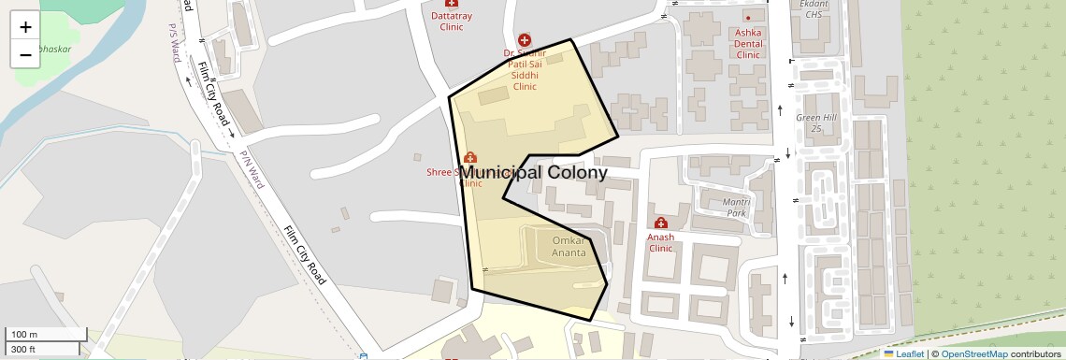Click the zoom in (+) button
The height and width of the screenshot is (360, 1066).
point(25,27)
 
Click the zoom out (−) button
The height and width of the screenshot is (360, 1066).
point(25,55)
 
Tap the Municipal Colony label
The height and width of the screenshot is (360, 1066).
point(533,173)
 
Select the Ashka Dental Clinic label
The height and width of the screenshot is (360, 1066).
point(748,43)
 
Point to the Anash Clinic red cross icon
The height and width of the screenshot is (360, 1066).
point(661,223)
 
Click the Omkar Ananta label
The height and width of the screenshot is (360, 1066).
point(569,247)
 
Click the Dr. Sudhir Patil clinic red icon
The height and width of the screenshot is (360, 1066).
point(525,40)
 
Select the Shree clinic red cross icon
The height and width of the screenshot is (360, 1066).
point(469,157)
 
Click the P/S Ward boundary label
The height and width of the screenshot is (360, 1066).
point(175,41)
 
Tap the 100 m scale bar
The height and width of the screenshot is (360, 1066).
point(47,335)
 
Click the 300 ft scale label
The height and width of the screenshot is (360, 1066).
point(24,350)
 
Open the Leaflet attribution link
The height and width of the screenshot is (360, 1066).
point(904,354)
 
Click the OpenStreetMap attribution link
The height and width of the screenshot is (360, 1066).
point(973,354)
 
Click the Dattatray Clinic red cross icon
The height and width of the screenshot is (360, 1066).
point(452,4)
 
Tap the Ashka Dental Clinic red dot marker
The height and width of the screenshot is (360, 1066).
point(748,17)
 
